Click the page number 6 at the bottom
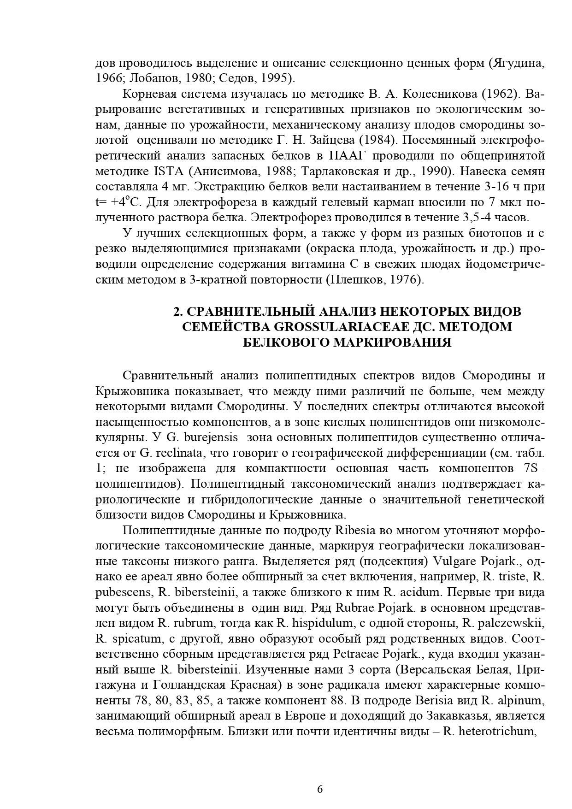coord(320,789)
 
